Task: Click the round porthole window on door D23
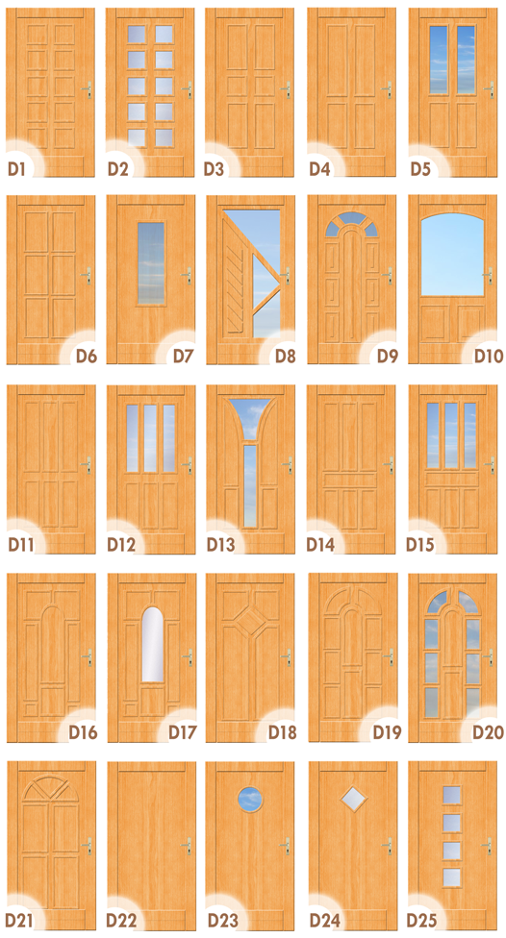coord(250,800)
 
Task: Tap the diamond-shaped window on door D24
coord(351,799)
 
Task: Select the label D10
coord(489,356)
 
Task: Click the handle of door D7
coord(188,275)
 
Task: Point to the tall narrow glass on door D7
coord(151,262)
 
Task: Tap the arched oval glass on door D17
coord(152,644)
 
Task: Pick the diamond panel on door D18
coord(250,620)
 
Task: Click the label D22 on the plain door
coord(121,920)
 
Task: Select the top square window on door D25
coord(452,795)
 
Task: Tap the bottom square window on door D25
coord(452,877)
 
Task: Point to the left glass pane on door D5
coord(439,60)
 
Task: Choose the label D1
coord(16,169)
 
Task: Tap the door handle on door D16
coord(88,656)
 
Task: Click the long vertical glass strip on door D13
coord(250,485)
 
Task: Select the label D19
coord(387,731)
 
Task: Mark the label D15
coord(419,544)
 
